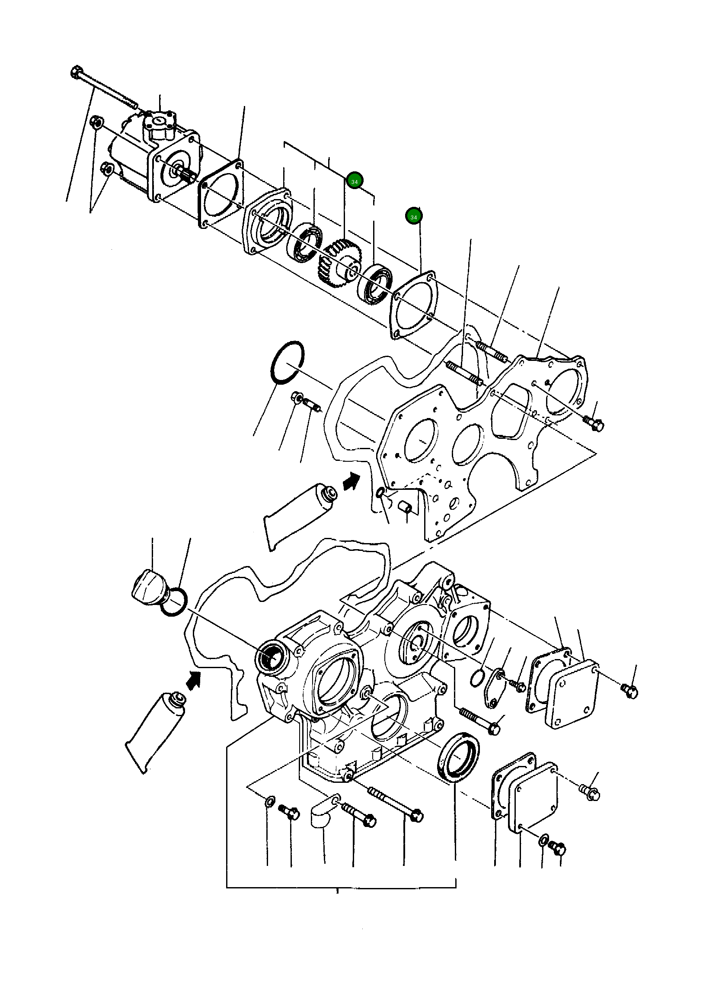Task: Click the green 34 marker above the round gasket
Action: (x=413, y=216)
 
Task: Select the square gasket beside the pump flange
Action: (x=221, y=193)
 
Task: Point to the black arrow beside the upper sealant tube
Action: (x=351, y=481)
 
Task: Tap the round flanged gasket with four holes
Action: (x=413, y=306)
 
